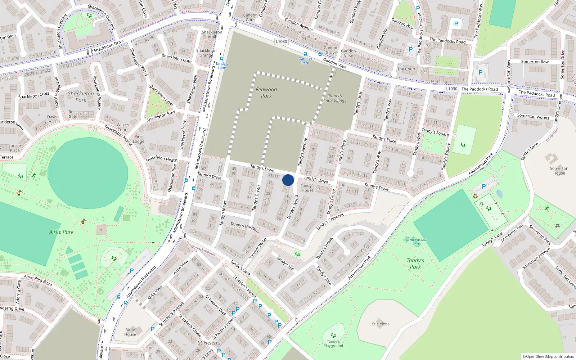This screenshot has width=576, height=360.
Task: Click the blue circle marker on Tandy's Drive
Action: pos(288,180)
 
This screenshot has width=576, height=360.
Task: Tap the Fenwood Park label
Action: pos(266,93)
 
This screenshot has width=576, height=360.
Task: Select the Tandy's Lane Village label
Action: pos(335,98)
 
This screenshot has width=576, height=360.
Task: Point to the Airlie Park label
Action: pos(61,232)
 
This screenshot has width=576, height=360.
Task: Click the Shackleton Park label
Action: pos(81,96)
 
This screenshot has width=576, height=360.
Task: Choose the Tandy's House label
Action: pos(307,188)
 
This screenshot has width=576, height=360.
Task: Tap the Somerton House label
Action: pos(559,171)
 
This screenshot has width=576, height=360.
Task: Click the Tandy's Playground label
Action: pos(333,343)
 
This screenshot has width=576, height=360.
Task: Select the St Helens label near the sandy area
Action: pos(381,324)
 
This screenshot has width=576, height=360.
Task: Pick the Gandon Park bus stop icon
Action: pos(305,54)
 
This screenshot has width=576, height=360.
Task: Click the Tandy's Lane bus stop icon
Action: pos(222,59)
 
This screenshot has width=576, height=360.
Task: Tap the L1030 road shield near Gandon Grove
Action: pos(282,41)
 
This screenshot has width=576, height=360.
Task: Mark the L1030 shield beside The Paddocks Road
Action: pos(451,89)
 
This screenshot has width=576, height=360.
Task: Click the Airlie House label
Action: pos(130,332)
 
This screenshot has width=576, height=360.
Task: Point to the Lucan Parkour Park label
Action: pos(416,242)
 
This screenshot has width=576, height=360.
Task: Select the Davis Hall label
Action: pos(52,119)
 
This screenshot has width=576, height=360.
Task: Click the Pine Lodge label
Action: pos(138,139)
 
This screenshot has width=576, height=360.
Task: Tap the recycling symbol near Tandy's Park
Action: pos(475,196)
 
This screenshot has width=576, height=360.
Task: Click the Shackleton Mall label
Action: pos(212,34)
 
